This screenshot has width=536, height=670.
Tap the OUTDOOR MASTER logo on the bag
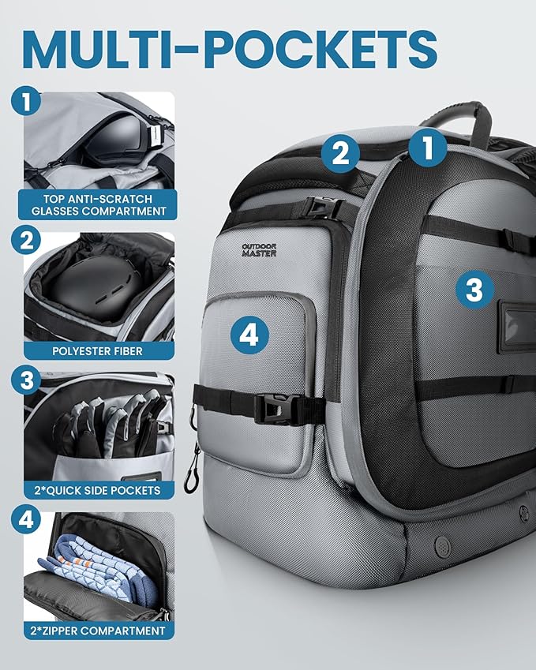(x=259, y=250)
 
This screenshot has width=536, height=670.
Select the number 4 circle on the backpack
(x=249, y=334)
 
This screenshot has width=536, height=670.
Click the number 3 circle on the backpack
(x=474, y=289)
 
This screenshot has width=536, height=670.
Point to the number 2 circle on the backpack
(x=341, y=153)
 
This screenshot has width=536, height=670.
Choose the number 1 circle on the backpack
(x=428, y=147)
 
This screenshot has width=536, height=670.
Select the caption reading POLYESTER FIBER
(x=97, y=351)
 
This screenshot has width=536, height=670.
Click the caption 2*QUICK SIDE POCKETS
(x=97, y=490)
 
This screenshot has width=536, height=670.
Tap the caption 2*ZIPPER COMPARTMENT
(x=97, y=631)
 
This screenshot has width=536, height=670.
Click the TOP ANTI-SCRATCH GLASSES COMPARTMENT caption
(x=99, y=204)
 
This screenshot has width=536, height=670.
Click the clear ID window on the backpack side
(x=517, y=328)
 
